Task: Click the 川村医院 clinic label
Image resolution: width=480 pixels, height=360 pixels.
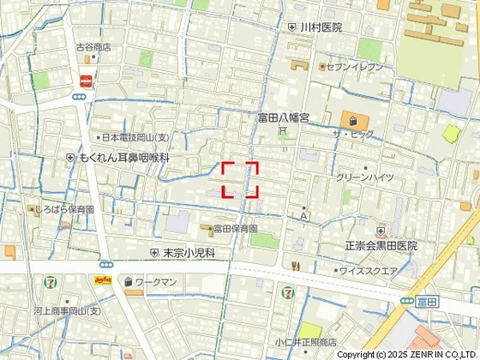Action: tap(321, 27)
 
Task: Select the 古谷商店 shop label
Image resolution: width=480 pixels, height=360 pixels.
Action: tap(93, 48)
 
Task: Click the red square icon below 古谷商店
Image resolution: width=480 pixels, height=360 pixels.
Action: tap(86, 81)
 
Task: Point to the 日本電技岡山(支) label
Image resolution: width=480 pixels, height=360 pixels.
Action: tap(138, 137)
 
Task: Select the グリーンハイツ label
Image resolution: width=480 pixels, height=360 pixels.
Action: tap(365, 177)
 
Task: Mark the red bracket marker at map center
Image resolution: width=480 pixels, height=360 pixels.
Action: tap(240, 180)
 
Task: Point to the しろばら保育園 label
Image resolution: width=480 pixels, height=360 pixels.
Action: tap(65, 209)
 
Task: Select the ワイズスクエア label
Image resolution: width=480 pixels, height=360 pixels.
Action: tap(369, 272)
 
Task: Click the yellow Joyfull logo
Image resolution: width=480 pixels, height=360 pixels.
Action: tap(103, 281)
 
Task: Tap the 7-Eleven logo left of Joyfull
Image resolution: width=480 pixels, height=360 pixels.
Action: tap(53, 281)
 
